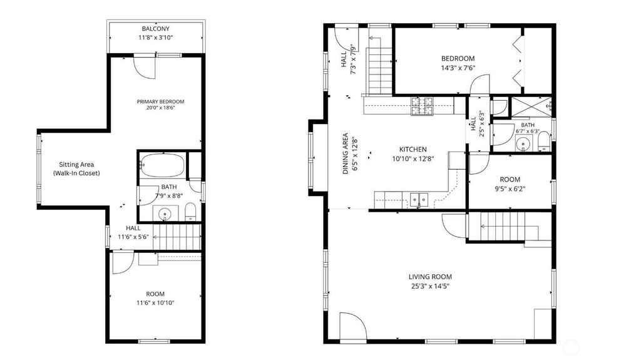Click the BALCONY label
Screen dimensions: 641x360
pyautogui.click(x=155, y=29)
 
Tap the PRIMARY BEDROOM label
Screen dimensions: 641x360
pyautogui.click(x=160, y=101)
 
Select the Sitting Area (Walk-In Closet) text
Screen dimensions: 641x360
pyautogui.click(x=76, y=168)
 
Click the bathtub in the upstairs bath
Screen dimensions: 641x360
pyautogui.click(x=163, y=165)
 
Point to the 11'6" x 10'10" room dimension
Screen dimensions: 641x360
pyautogui.click(x=155, y=303)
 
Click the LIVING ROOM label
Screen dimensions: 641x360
pyautogui.click(x=430, y=277)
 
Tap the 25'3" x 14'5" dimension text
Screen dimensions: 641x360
pyautogui.click(x=430, y=286)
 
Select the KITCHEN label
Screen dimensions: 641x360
pyautogui.click(x=413, y=149)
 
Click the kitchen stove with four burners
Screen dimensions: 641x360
pyautogui.click(x=423, y=105)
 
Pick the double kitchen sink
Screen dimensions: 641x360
pyautogui.click(x=419, y=200)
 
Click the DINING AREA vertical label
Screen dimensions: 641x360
pyautogui.click(x=346, y=153)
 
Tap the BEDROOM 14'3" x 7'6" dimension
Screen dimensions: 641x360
pyautogui.click(x=458, y=68)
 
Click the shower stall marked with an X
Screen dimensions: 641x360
pyautogui.click(x=531, y=107)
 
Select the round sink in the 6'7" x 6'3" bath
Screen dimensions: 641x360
pyautogui.click(x=523, y=144)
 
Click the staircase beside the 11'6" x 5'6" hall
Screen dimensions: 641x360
pyautogui.click(x=177, y=237)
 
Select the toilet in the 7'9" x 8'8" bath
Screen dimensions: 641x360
pyautogui.click(x=190, y=212)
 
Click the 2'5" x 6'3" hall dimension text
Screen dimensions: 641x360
pyautogui.click(x=482, y=125)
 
